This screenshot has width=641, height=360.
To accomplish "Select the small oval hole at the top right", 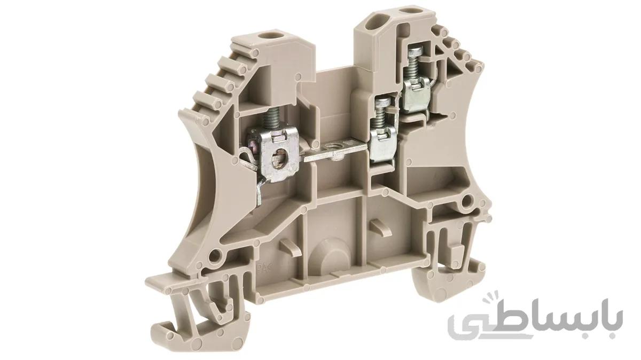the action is pos(408,11).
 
